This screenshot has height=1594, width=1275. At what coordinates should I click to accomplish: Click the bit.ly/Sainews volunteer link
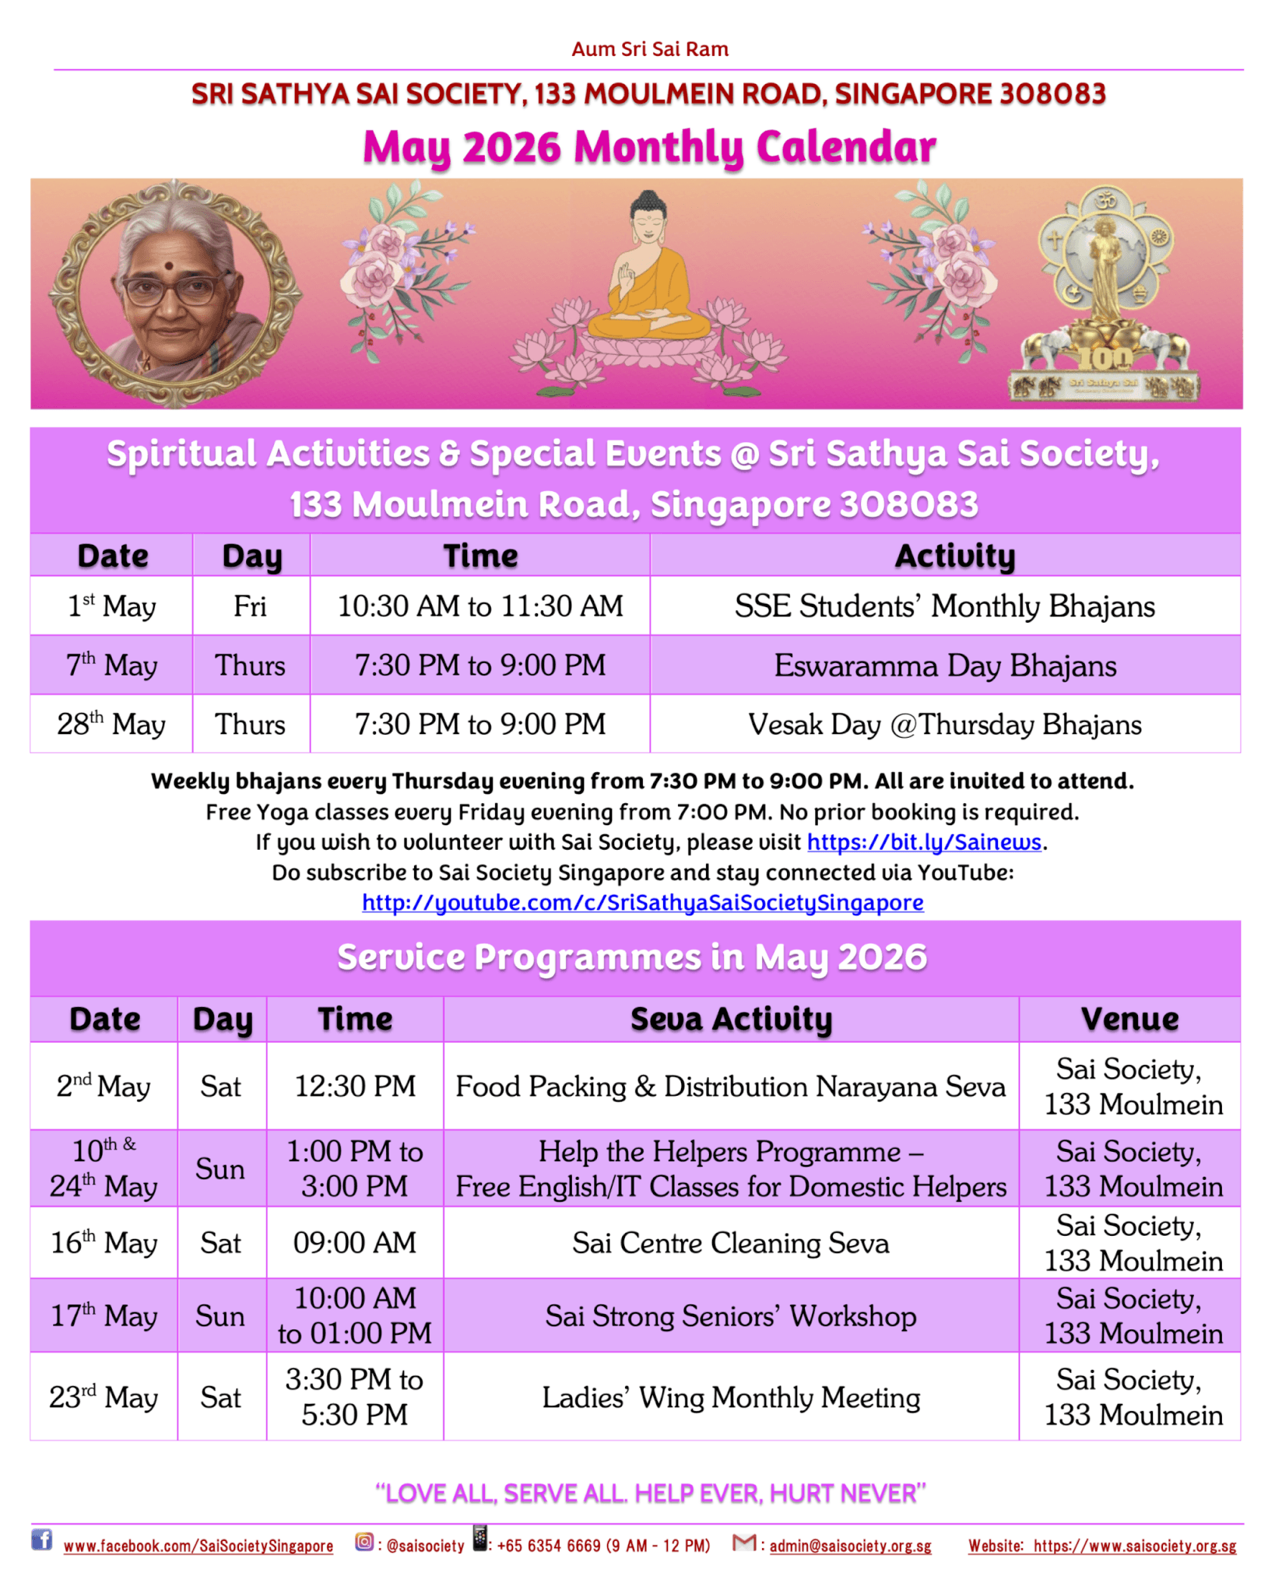tap(923, 842)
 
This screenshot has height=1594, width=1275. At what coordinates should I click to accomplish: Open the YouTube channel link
tap(642, 903)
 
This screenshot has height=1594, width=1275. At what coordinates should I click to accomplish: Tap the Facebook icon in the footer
tap(41, 1540)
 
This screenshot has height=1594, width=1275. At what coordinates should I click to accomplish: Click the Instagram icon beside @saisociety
tap(364, 1541)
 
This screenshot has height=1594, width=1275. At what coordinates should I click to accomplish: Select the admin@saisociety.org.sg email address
tap(850, 1546)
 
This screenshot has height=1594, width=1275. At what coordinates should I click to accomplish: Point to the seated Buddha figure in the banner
tap(648, 272)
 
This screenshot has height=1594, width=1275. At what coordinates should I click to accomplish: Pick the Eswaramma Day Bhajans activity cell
tap(944, 665)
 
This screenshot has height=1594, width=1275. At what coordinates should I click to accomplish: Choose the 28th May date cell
tap(111, 725)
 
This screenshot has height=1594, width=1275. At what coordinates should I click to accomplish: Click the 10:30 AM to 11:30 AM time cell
tap(479, 606)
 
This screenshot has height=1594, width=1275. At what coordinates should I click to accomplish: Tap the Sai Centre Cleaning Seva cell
tap(730, 1243)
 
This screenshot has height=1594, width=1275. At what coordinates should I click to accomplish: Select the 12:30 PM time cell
tap(355, 1087)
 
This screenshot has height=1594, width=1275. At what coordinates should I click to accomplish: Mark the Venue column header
tap(1129, 1020)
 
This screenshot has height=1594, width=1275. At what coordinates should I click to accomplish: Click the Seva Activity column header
tap(730, 1020)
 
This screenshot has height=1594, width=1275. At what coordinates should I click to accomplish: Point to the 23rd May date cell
tap(104, 1397)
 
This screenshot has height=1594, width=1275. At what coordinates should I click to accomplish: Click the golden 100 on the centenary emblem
tap(1105, 359)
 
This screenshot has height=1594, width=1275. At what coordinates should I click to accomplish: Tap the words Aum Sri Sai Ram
tap(649, 50)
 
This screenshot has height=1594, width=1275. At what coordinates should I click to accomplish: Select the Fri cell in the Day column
tap(251, 606)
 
